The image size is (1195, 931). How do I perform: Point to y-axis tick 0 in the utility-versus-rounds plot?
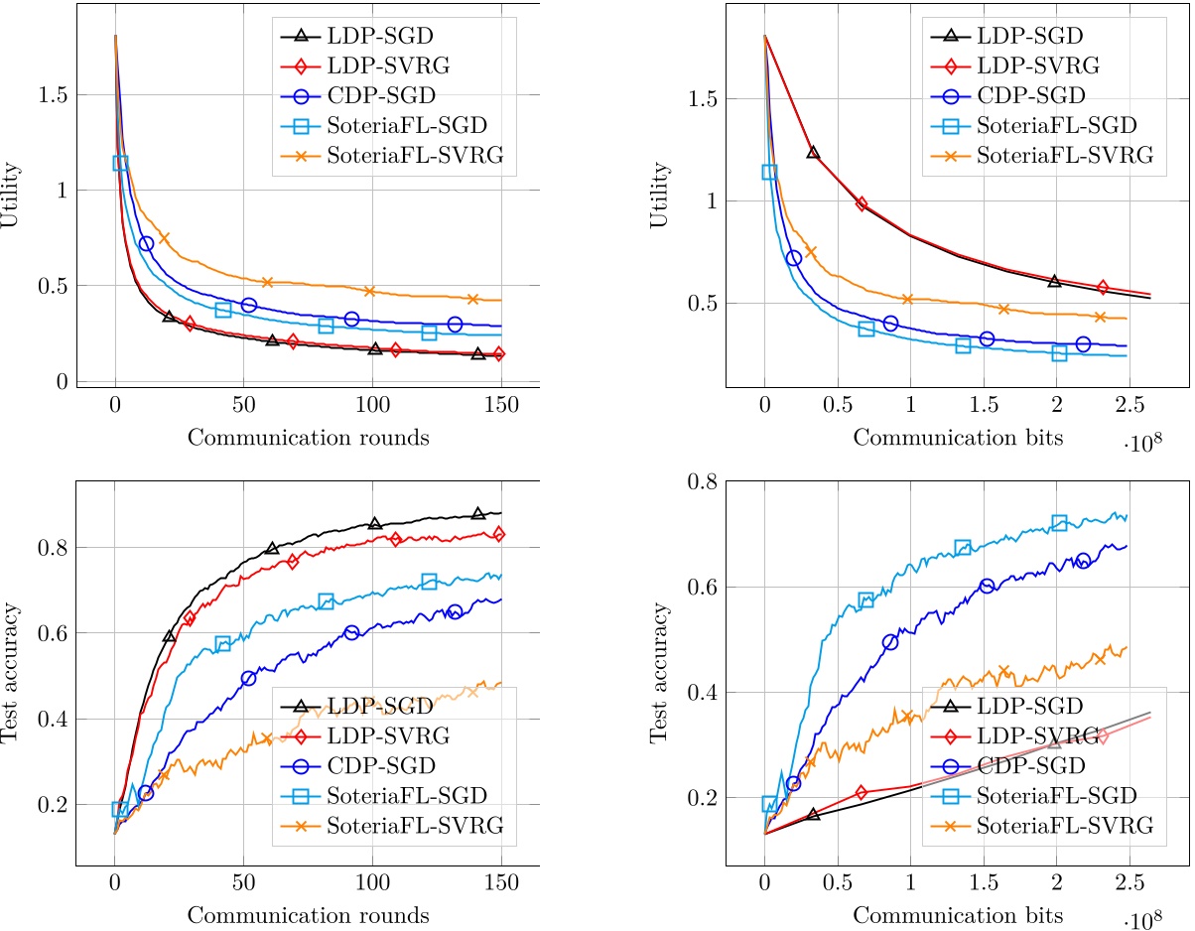(x=62, y=382)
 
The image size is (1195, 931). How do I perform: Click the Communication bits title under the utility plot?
(x=943, y=438)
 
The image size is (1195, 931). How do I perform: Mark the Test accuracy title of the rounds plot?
(x=11, y=674)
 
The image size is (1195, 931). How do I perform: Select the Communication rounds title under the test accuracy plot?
(x=308, y=914)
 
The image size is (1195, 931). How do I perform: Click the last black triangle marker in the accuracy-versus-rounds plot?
(x=478, y=513)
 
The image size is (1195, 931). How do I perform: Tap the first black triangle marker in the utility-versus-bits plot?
(x=813, y=152)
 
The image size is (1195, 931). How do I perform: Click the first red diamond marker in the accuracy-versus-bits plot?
(x=862, y=792)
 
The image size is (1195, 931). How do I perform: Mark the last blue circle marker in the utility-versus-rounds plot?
(x=455, y=325)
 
